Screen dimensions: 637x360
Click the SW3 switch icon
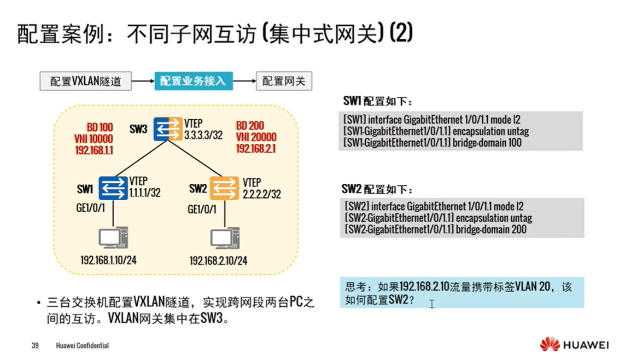click(168, 129)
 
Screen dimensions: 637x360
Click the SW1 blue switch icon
click(113, 188)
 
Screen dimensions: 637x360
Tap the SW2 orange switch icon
click(224, 188)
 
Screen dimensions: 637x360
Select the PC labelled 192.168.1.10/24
click(113, 239)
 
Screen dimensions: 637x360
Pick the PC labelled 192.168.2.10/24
click(225, 239)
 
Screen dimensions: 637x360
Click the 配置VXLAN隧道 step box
click(86, 82)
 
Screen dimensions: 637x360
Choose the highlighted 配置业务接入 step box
click(193, 81)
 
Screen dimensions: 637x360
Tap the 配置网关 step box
click(284, 82)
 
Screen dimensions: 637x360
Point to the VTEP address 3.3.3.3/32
click(203, 135)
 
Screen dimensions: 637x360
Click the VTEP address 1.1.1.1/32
click(145, 193)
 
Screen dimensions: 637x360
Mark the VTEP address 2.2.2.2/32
click(262, 194)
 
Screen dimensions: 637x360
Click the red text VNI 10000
click(93, 139)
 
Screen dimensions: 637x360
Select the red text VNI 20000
click(256, 137)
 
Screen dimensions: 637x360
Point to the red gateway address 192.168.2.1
click(256, 148)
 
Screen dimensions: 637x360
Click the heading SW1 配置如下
click(378, 102)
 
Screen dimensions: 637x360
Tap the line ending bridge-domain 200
click(436, 229)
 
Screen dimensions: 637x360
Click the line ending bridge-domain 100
click(433, 143)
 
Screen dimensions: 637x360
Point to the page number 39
click(35, 346)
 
